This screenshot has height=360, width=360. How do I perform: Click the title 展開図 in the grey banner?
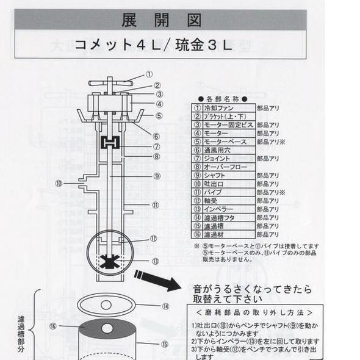click(162, 20)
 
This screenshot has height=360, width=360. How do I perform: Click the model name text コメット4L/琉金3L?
click(153, 45)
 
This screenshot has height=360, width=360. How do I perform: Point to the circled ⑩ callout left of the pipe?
click(59, 182)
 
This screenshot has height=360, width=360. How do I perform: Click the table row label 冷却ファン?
click(217, 107)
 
